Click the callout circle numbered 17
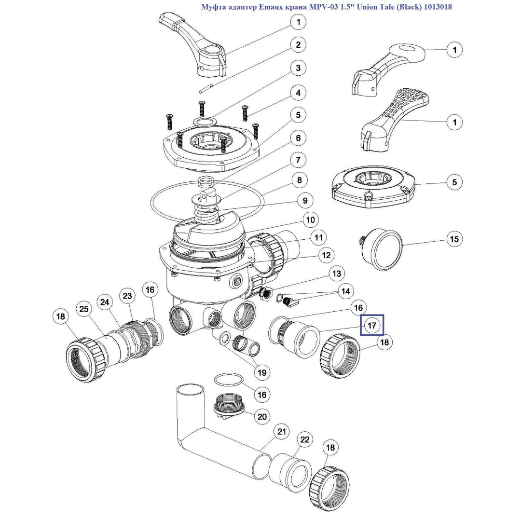coord(372,326)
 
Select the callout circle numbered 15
coord(454,239)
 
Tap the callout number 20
coord(262,416)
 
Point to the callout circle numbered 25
coord(84,308)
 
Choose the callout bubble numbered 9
coord(305,200)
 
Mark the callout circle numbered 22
coord(305,439)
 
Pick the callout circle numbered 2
coord(298,45)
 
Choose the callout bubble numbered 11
coord(318,237)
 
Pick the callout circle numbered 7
coord(298,160)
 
